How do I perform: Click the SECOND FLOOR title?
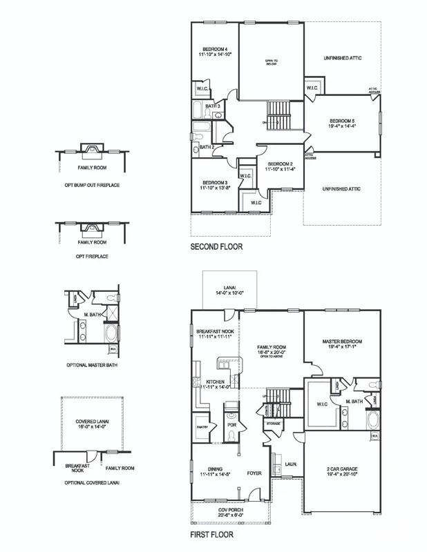click(x=216, y=246)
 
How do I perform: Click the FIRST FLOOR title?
click(x=211, y=534)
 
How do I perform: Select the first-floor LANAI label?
click(x=227, y=289)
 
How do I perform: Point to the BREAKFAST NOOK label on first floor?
click(x=213, y=334)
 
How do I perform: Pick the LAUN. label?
click(x=291, y=464)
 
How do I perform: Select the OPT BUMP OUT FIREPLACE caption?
click(x=91, y=186)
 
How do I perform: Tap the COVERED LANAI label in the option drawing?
click(x=91, y=423)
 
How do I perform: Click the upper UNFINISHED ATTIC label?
click(x=342, y=58)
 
